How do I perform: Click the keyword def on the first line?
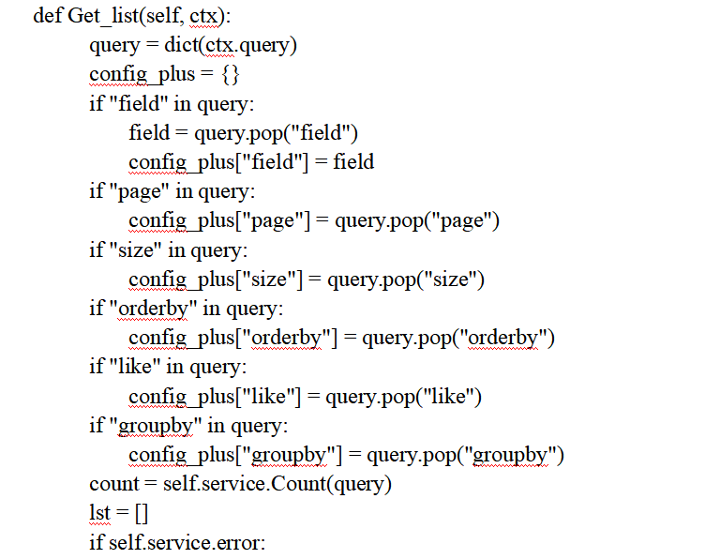tap(47, 16)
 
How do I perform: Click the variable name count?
tap(114, 484)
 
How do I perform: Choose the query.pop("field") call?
tap(277, 132)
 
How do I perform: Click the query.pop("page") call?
tap(417, 220)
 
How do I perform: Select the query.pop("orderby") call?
tap(458, 337)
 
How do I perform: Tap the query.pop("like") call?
tap(403, 396)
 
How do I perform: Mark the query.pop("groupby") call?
tap(465, 455)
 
